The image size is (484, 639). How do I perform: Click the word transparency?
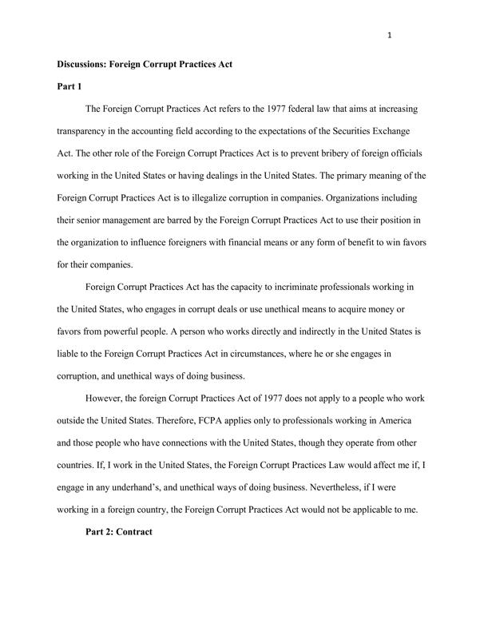tap(86, 129)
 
